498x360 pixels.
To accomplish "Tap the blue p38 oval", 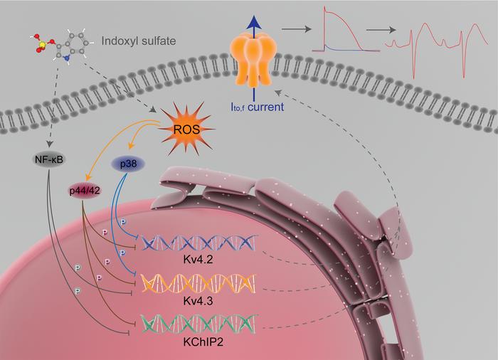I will point(129,163).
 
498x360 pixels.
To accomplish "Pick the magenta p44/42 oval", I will point(85,191).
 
